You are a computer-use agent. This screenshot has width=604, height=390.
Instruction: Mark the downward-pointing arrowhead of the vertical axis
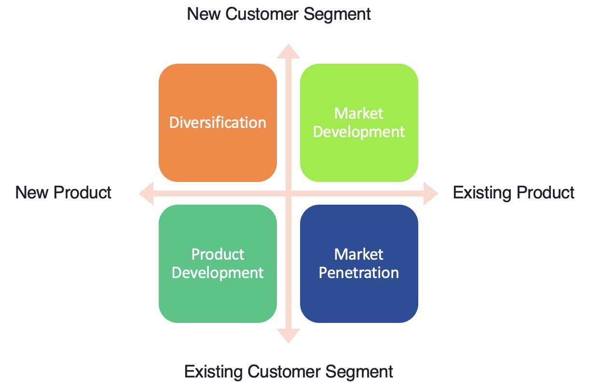point(288,336)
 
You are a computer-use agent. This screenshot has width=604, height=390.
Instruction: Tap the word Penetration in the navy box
point(359,273)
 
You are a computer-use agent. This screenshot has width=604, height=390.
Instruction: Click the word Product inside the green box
point(218,254)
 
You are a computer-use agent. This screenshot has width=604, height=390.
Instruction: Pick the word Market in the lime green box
point(359,113)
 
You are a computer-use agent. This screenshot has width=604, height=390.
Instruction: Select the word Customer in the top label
point(261,14)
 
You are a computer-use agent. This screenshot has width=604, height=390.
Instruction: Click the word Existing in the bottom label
point(214,372)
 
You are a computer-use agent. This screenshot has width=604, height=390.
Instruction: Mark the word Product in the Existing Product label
point(545,193)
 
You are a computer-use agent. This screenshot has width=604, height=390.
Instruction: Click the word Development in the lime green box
point(359,132)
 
